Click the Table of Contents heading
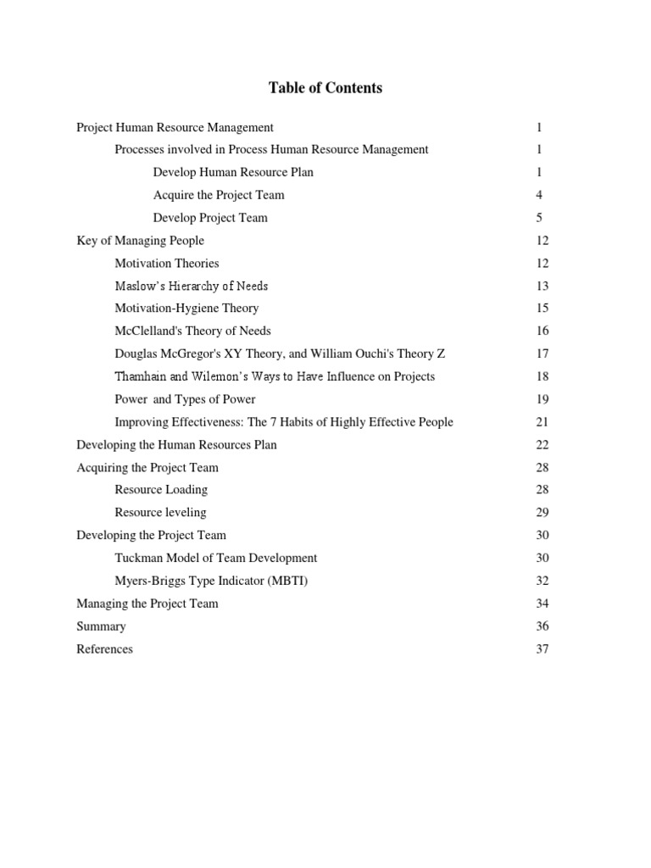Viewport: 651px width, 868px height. (325, 88)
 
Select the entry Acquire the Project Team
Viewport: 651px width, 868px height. (219, 195)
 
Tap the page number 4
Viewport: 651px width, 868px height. (539, 195)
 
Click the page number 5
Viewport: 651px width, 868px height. (539, 218)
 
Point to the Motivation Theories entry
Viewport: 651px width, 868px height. (166, 264)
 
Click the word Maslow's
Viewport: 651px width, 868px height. (138, 286)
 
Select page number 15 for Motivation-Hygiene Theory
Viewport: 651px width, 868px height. (542, 309)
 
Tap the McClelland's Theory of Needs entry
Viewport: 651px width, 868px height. (192, 331)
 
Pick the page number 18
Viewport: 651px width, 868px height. (542, 376)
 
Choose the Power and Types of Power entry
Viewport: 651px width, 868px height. (185, 399)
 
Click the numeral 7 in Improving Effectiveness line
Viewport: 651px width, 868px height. (273, 422)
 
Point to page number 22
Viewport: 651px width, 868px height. (542, 445)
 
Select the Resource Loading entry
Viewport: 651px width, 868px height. (161, 490)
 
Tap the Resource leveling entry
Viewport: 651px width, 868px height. (160, 513)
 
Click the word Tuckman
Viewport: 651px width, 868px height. (138, 558)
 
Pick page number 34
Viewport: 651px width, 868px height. (542, 604)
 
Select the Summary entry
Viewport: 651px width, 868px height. (101, 626)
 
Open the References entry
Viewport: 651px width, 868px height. (104, 649)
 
